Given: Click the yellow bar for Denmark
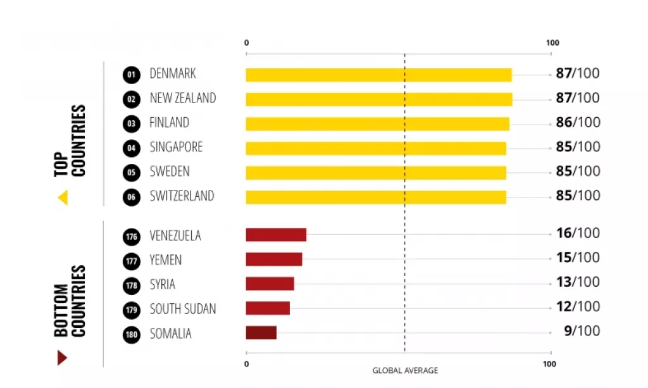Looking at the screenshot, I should point(378,75).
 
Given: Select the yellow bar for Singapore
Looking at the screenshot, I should point(376,148).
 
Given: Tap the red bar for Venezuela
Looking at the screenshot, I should point(276,235).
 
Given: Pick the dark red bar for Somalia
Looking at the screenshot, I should point(261,333).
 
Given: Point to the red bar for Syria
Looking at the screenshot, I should point(270,284).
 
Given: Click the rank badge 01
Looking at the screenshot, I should point(131,75).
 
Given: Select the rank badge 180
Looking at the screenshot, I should point(131,335).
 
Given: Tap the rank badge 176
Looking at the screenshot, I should point(131,237).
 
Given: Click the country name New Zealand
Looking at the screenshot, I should point(182,98).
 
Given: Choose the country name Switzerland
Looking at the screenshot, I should point(182,196).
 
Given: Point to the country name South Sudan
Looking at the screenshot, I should point(182,309).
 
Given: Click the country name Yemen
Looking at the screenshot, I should point(165,260).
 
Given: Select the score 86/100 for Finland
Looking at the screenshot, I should point(577,122).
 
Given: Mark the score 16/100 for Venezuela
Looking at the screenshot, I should point(577,233).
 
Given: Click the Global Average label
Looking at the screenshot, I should point(404,370).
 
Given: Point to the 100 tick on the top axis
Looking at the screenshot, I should point(552,43).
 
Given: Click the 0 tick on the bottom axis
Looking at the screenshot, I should point(246,364).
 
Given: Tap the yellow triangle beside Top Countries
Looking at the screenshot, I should point(63,198).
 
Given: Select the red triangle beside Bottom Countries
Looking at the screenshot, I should point(62,358).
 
